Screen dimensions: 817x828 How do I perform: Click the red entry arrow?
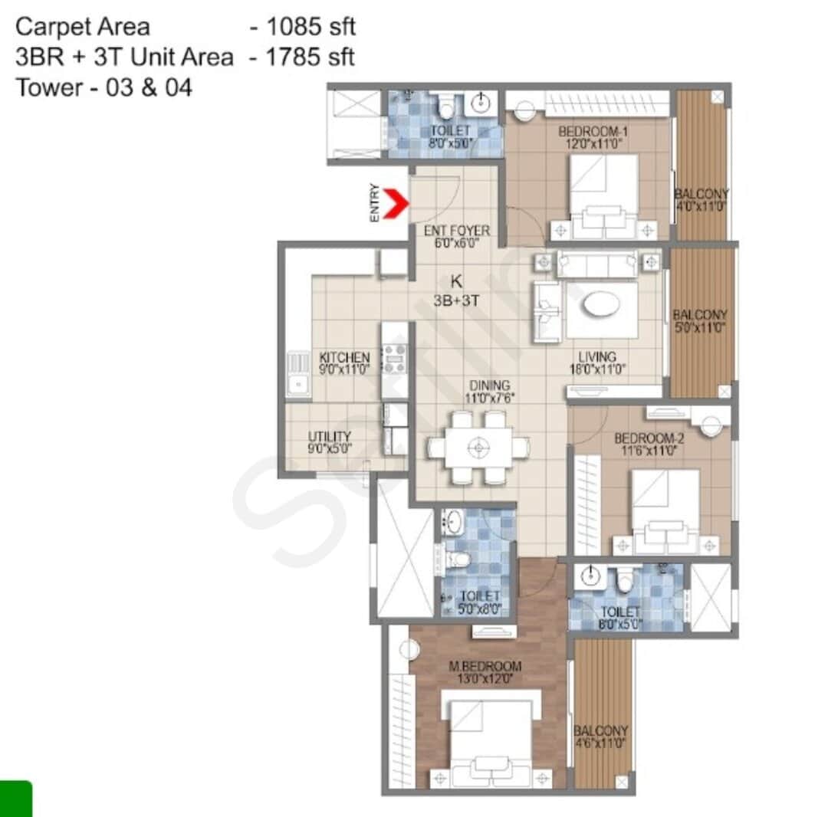coord(394,205)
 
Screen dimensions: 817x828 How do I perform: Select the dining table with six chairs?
coord(478,448)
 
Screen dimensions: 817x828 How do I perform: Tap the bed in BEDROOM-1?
coord(604,195)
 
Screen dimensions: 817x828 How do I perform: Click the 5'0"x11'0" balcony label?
coord(699,321)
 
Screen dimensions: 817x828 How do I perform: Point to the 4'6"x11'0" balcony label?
coord(601,737)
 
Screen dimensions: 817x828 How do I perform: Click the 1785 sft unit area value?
coord(310,57)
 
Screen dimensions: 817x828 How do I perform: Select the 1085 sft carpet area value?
coord(310,28)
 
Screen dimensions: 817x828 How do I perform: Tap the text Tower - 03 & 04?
coord(103,87)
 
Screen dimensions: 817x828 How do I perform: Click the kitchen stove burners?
coord(395,358)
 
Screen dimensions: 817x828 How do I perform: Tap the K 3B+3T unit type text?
coord(456,291)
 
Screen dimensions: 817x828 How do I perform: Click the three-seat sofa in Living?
coord(597,263)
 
